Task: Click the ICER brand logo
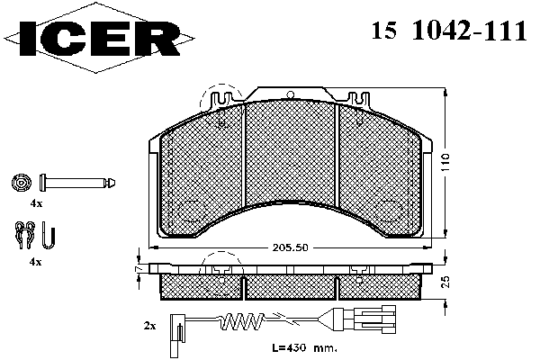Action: [99, 38]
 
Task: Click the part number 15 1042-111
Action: [449, 31]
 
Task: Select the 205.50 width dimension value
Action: [291, 247]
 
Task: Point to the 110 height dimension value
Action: [445, 163]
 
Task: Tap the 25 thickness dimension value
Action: [445, 282]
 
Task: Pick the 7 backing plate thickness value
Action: [139, 268]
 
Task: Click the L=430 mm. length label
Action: [304, 348]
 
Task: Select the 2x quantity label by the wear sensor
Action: [149, 326]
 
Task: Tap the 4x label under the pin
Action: [36, 203]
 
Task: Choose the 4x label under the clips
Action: [36, 262]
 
